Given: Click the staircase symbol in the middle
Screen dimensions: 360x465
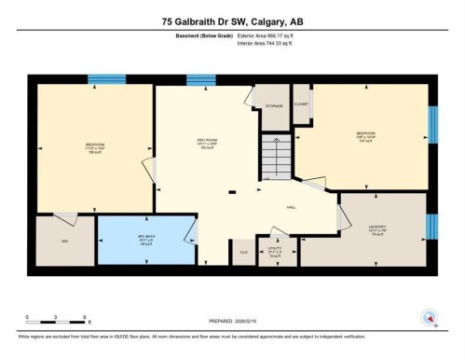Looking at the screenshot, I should [275, 154].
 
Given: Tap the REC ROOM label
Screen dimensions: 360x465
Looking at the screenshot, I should [208, 142].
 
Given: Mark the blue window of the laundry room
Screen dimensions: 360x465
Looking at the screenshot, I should [431, 227].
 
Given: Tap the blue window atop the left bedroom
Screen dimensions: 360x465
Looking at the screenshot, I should [101, 79].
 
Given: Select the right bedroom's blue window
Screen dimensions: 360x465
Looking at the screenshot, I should [431, 124].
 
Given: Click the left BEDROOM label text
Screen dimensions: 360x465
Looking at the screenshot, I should [95, 145].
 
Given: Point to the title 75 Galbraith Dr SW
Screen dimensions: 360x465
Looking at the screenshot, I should [232, 21].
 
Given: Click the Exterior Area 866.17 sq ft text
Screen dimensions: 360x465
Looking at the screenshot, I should [272, 35].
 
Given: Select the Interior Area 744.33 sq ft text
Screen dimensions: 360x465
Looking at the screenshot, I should [271, 43].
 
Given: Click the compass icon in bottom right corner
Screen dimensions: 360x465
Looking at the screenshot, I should [430, 317].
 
